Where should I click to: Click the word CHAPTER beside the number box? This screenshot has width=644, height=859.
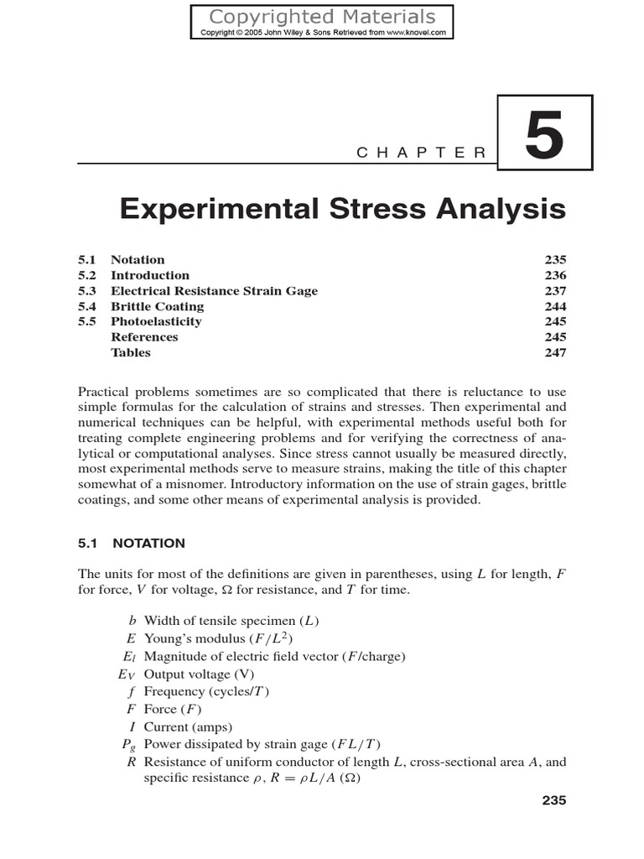click(421, 152)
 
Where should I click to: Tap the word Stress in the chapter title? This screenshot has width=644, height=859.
click(357, 208)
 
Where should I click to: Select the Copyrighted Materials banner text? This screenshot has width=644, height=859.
click(322, 16)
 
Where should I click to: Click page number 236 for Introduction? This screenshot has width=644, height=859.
click(555, 275)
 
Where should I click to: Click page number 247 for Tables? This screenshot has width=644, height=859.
click(555, 352)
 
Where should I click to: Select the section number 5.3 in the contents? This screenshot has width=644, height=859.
click(88, 291)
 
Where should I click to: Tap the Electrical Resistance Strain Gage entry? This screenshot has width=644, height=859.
click(215, 291)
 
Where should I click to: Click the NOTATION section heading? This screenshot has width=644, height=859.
click(148, 543)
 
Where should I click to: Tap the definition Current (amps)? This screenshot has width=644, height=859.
click(189, 726)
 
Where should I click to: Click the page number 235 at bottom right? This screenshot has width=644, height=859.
click(554, 800)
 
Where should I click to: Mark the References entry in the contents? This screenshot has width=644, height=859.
click(144, 337)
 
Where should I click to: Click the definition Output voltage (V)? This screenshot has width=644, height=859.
click(198, 674)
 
